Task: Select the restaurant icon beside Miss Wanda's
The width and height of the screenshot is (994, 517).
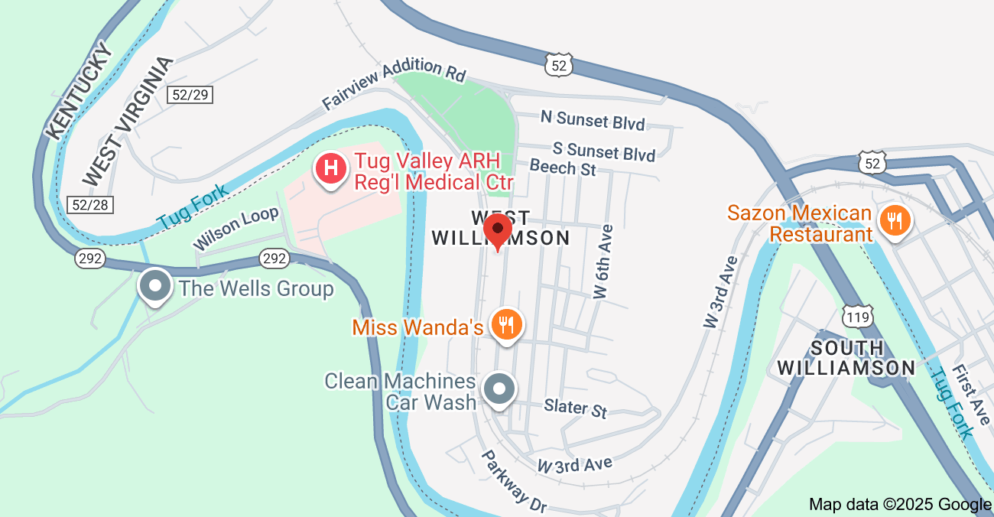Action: [505, 325]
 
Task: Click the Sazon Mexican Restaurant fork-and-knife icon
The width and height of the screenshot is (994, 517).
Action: [894, 221]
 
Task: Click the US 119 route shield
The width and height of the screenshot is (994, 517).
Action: [854, 315]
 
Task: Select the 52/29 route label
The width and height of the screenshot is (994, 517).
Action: [190, 94]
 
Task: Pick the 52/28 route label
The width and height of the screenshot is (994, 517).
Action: [90, 204]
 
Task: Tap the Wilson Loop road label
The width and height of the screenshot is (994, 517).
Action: [236, 228]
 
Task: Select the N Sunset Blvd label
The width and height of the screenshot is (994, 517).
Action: [593, 119]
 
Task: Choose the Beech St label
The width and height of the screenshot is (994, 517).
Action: [563, 167]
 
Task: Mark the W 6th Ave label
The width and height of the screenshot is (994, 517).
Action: [604, 261]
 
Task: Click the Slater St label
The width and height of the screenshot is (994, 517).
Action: [576, 408]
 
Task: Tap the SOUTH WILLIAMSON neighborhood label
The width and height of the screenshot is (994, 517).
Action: [846, 358]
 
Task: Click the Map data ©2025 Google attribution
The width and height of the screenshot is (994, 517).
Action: [900, 505]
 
